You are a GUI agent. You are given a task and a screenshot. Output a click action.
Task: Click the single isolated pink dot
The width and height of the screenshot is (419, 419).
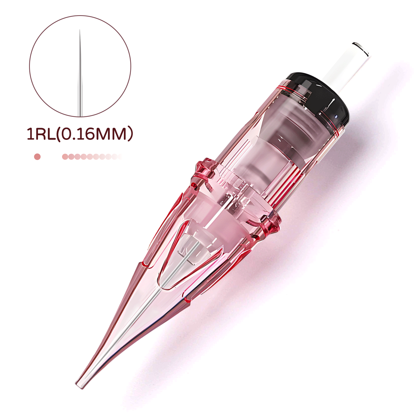tap(37, 157)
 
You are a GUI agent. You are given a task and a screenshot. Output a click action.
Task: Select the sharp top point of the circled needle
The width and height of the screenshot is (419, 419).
tap(80, 30)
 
